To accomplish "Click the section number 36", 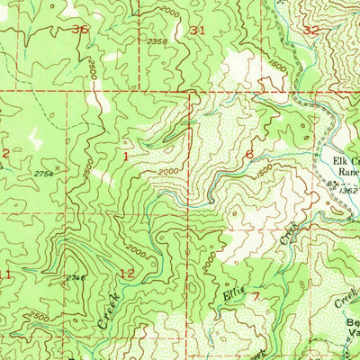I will (x=82, y=30).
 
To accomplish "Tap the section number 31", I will (x=198, y=30).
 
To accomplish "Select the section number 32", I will (x=311, y=30).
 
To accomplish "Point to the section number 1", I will (x=126, y=155).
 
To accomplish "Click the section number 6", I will (x=249, y=154).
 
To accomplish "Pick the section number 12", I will (x=126, y=272).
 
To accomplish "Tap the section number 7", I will (x=256, y=295).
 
